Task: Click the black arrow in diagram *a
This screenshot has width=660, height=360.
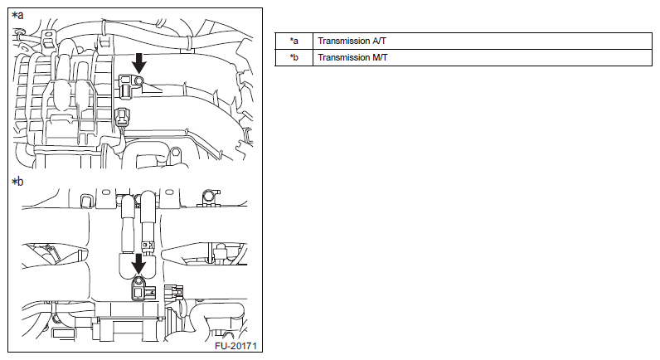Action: pyautogui.click(x=139, y=63)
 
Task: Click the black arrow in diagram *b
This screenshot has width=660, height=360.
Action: pyautogui.click(x=138, y=264)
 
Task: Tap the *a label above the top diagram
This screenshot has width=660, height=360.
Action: pyautogui.click(x=17, y=16)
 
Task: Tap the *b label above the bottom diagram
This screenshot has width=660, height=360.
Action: pyautogui.click(x=17, y=182)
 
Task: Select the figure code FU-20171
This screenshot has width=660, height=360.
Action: pyautogui.click(x=235, y=346)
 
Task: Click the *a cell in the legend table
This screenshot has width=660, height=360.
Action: pyautogui.click(x=294, y=41)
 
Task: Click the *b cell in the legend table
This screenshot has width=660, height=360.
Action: pyautogui.click(x=294, y=57)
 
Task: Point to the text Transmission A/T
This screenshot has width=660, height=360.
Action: pyautogui.click(x=352, y=41)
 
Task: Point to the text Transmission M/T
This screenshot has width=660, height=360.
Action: pyautogui.click(x=352, y=57)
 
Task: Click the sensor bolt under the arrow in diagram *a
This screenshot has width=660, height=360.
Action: pyautogui.click(x=138, y=80)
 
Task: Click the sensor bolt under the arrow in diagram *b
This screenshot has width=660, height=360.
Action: pyautogui.click(x=138, y=281)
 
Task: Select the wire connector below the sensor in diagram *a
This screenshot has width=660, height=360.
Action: pyautogui.click(x=123, y=117)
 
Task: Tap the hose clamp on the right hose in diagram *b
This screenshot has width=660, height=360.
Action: pyautogui.click(x=148, y=244)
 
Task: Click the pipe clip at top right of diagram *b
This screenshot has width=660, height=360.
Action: pyautogui.click(x=208, y=196)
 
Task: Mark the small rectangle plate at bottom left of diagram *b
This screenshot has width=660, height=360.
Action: pyautogui.click(x=65, y=333)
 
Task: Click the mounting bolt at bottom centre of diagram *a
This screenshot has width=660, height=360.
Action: pyautogui.click(x=176, y=152)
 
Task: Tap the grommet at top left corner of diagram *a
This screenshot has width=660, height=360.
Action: pyautogui.click(x=18, y=32)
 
